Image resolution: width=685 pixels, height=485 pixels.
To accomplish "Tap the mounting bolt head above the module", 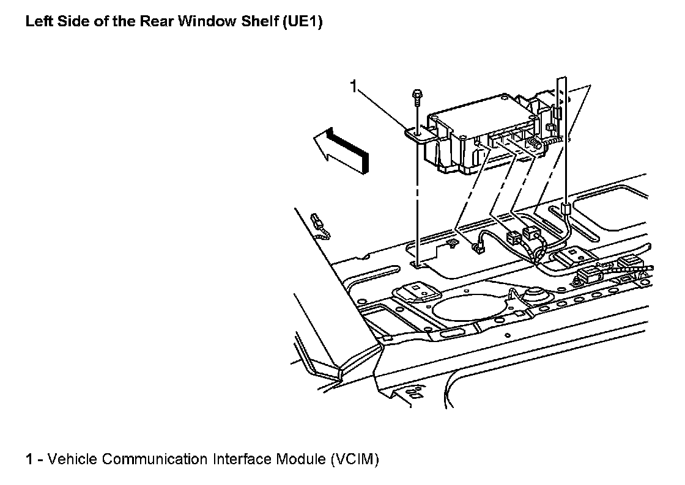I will [416, 95].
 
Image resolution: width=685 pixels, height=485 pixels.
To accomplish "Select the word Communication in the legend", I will [155, 459].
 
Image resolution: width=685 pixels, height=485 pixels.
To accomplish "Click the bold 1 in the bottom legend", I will [29, 459].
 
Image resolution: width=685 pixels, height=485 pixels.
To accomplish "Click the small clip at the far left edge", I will [320, 224].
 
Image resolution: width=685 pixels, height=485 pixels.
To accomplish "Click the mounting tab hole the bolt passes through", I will [417, 131].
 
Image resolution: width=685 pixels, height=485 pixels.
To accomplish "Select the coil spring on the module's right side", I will [534, 144].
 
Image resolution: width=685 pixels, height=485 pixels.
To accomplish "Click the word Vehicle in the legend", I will [72, 459].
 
